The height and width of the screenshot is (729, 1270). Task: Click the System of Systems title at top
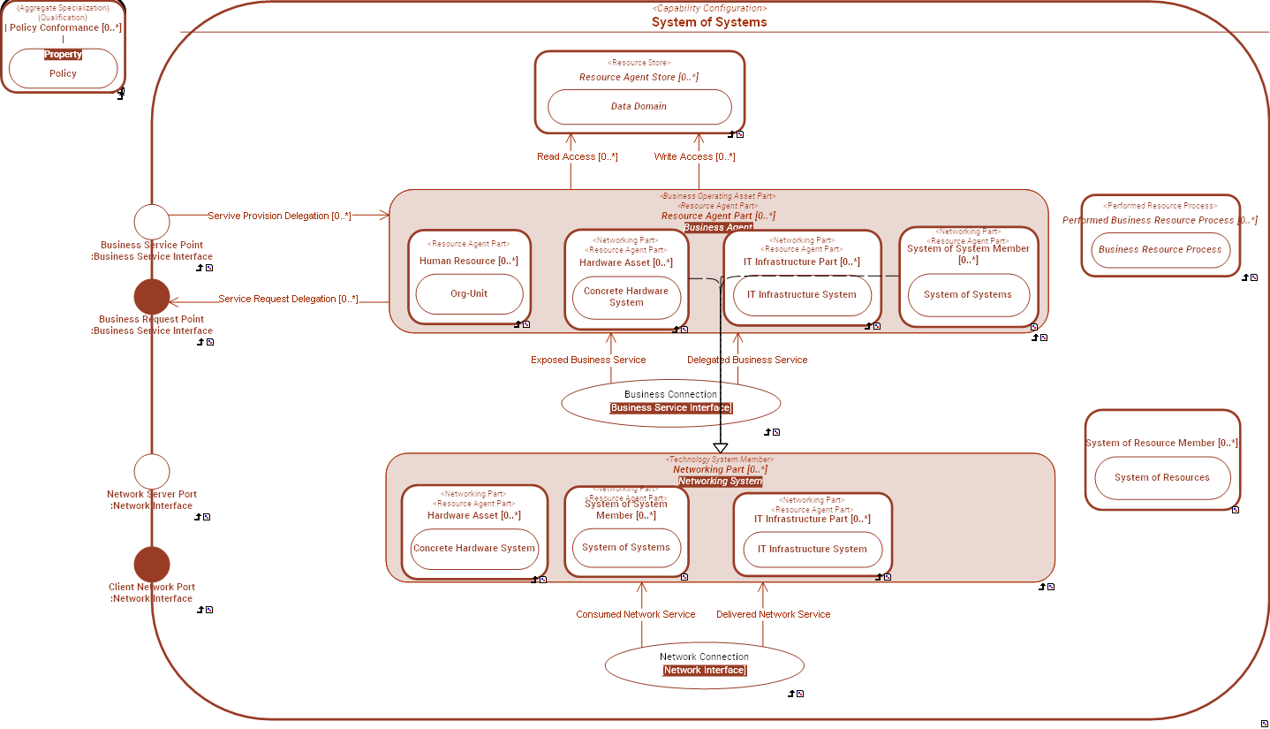click(709, 22)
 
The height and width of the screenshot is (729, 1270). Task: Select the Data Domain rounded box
click(639, 107)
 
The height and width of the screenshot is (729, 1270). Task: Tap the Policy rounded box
click(63, 73)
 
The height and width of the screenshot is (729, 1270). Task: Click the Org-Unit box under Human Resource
click(469, 294)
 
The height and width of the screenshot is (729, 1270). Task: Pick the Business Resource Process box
click(1160, 250)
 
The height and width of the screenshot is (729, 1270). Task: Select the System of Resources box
click(1161, 478)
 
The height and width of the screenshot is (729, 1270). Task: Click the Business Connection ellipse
click(670, 401)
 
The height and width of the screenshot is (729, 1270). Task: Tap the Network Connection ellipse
click(704, 664)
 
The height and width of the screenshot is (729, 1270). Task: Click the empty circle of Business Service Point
click(151, 222)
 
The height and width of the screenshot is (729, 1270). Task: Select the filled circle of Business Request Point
click(151, 297)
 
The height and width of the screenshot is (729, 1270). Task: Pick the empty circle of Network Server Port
click(151, 472)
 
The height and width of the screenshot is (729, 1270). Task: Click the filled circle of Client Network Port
click(151, 565)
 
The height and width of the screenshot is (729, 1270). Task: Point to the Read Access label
click(577, 157)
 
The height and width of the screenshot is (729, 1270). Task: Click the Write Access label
click(694, 157)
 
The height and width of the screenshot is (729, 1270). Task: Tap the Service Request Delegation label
click(288, 300)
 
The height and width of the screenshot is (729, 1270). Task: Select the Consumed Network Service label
click(635, 615)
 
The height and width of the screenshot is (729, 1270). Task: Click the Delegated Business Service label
click(747, 361)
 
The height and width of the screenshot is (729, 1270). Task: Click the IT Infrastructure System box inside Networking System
click(812, 550)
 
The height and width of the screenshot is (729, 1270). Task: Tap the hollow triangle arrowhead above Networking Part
click(720, 448)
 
